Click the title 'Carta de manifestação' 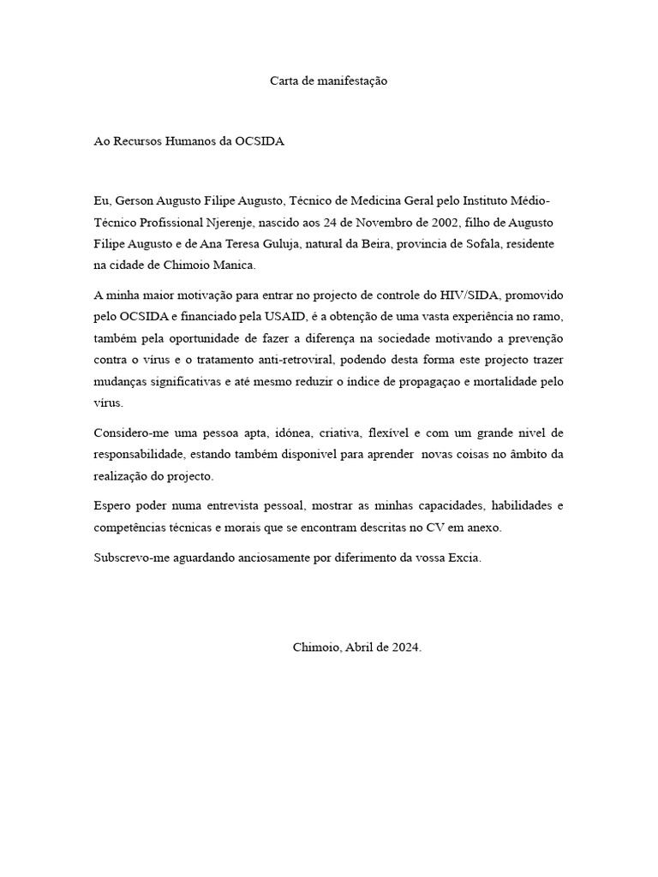(329, 81)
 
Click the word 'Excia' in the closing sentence (464, 558)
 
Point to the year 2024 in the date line (404, 648)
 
